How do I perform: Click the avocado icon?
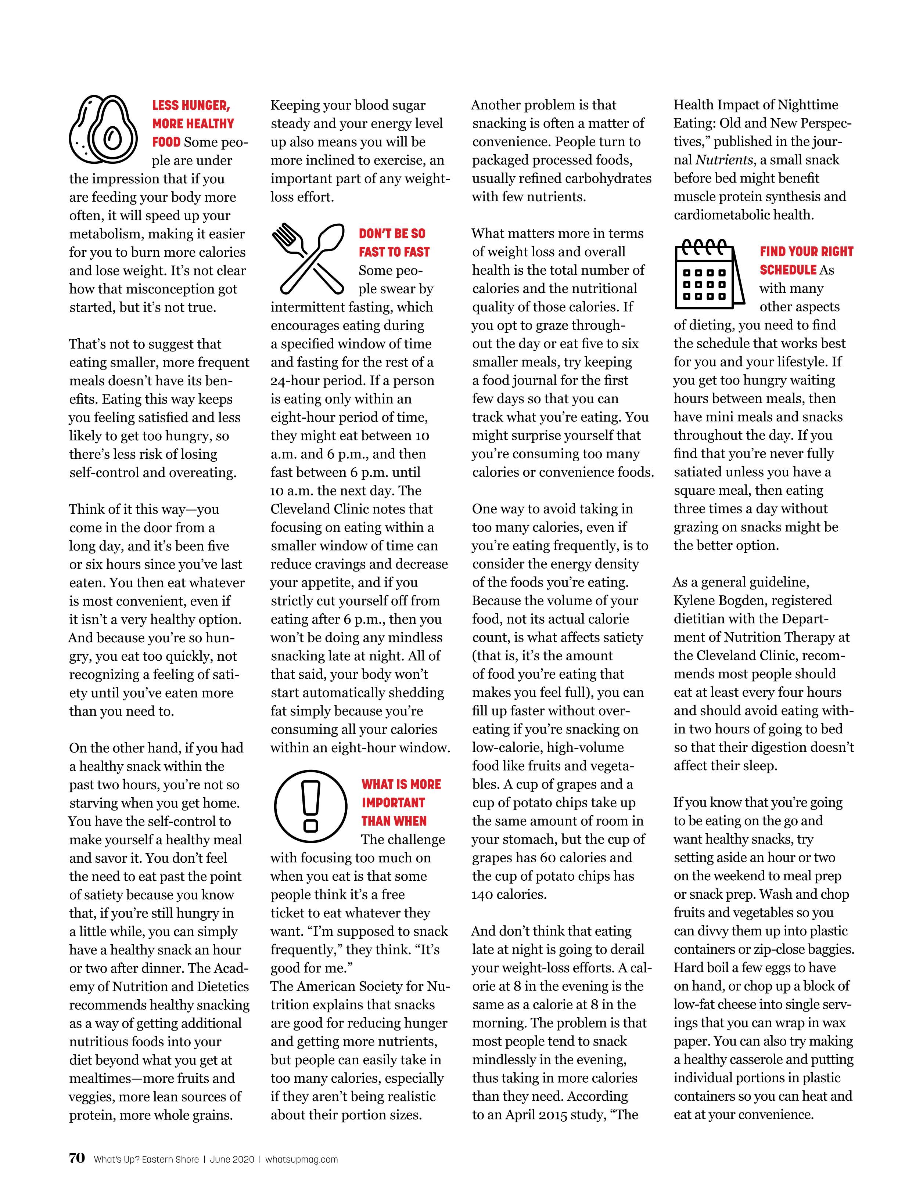tap(103, 129)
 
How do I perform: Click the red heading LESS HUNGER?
tap(191, 105)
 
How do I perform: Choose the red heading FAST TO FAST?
tap(394, 252)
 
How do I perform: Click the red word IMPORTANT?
tap(393, 802)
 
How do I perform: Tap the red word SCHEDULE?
tap(788, 270)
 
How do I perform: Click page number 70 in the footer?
tap(77, 1158)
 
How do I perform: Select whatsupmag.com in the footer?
tap(301, 1159)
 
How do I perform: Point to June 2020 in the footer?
tap(231, 1159)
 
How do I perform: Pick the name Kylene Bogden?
tap(718, 600)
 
